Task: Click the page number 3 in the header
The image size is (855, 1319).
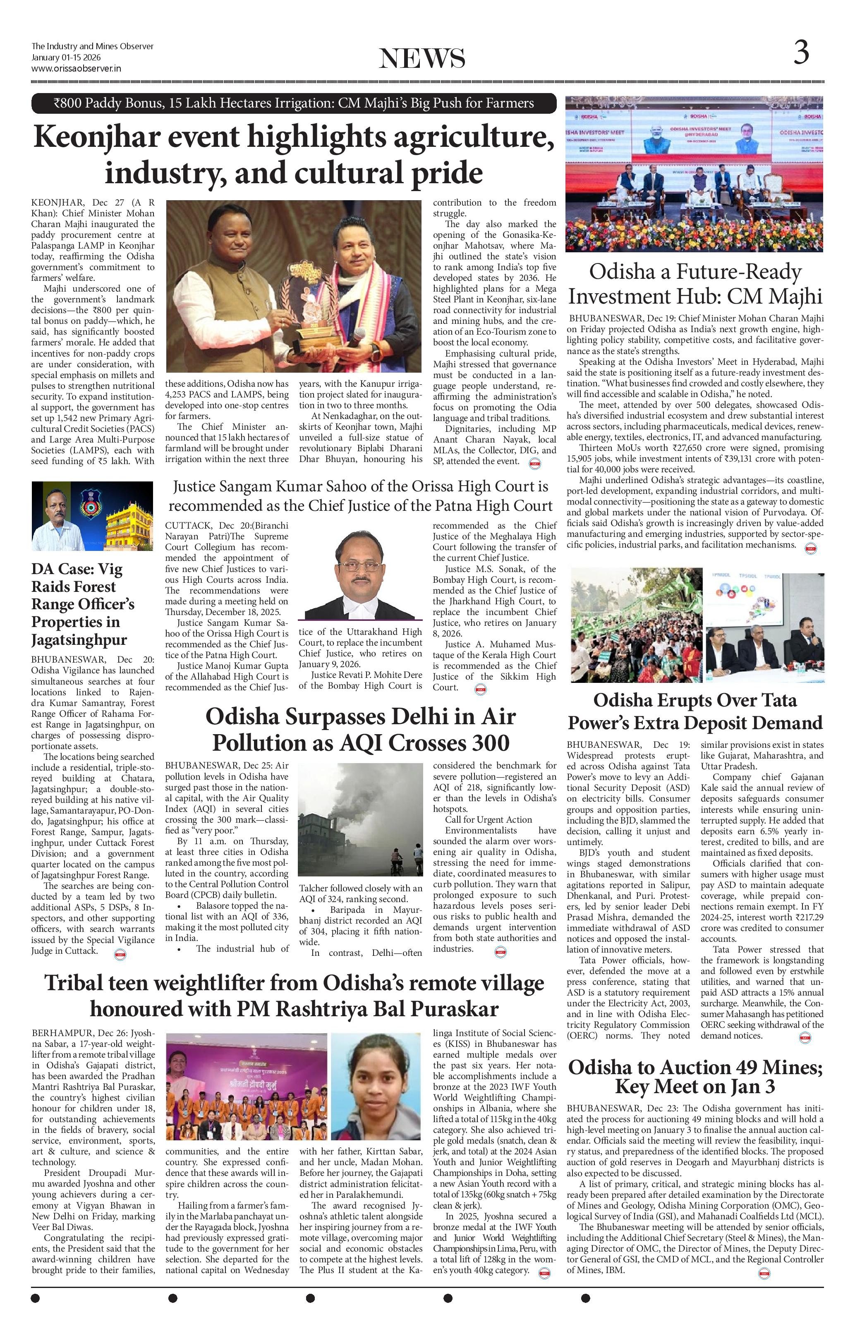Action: tap(801, 53)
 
